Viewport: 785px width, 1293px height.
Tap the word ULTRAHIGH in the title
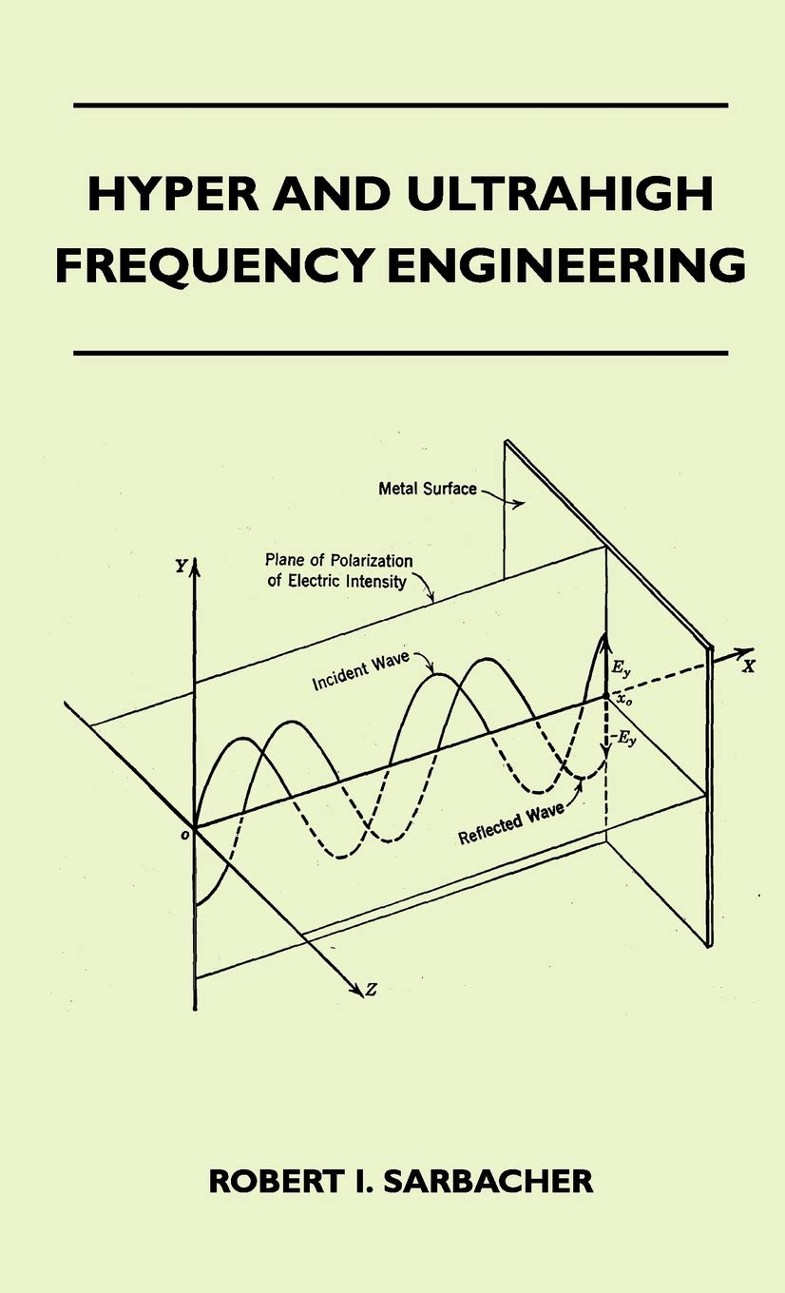(560, 194)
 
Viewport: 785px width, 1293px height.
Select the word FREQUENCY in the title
(213, 265)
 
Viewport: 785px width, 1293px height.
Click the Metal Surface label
(428, 489)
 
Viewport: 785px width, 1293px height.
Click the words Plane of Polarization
(339, 560)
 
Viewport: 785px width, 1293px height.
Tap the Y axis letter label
(182, 566)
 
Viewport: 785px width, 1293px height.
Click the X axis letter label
(748, 666)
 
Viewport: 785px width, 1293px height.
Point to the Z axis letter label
(372, 990)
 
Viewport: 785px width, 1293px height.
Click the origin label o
(184, 835)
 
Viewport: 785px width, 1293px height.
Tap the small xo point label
(624, 700)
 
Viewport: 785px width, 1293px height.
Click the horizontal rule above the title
(401, 106)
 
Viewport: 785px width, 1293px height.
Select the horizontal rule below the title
(401, 353)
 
